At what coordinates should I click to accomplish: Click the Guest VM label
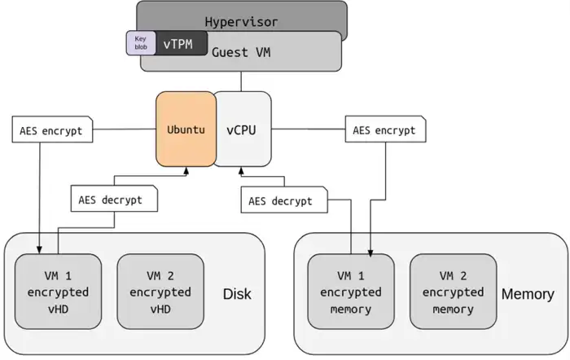pyautogui.click(x=242, y=53)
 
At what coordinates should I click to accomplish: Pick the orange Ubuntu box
pyautogui.click(x=186, y=129)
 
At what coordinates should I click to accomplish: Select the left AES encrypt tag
pyautogui.click(x=51, y=130)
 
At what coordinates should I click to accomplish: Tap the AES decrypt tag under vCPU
pyautogui.click(x=282, y=200)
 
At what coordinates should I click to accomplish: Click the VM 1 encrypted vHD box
pyautogui.click(x=58, y=292)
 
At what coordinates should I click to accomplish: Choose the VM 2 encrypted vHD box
pyautogui.click(x=160, y=292)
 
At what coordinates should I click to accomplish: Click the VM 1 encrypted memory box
pyautogui.click(x=350, y=292)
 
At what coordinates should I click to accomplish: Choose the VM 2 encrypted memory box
pyautogui.click(x=453, y=292)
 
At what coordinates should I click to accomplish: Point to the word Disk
pyautogui.click(x=237, y=292)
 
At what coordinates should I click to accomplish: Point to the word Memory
pyautogui.click(x=528, y=292)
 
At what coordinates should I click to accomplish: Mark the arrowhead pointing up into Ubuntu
pyautogui.click(x=186, y=171)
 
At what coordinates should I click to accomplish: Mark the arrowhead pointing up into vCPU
pyautogui.click(x=241, y=171)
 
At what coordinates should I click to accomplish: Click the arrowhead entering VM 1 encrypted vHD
pyautogui.click(x=39, y=249)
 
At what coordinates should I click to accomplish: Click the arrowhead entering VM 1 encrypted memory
pyautogui.click(x=371, y=249)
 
